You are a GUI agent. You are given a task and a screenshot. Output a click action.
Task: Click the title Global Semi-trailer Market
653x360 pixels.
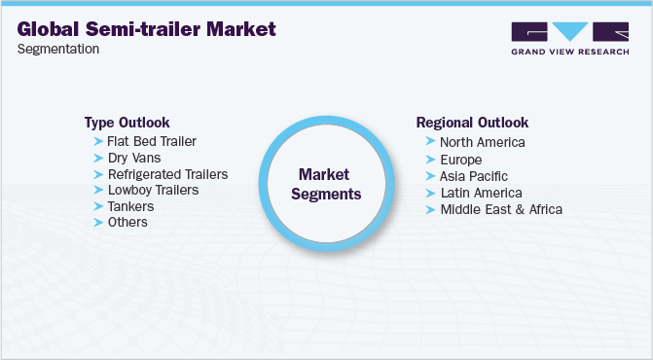coord(146,29)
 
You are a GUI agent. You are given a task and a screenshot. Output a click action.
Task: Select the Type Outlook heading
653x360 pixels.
coord(127,123)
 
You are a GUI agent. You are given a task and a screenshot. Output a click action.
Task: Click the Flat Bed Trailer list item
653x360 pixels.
coord(151,142)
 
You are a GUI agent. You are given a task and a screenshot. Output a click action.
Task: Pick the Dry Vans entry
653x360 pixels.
coord(133,158)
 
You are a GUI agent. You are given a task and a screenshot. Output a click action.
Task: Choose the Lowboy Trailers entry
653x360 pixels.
coord(153,190)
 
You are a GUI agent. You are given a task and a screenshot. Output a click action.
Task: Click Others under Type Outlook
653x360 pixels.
coord(127,222)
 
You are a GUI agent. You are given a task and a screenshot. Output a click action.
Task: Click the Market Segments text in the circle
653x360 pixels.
coord(330,184)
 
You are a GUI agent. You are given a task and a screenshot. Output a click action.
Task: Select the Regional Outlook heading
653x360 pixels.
coord(472,123)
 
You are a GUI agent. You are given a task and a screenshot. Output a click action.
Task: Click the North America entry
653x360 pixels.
coord(483,142)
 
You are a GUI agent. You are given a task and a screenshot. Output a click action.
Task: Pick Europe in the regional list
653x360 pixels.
coord(460,160)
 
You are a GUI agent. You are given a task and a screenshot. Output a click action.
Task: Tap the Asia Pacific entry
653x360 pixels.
coord(475,176)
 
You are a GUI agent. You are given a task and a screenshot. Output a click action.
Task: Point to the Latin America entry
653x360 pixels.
coord(481,193)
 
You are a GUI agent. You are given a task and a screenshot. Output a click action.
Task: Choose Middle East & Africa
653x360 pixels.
coord(501,209)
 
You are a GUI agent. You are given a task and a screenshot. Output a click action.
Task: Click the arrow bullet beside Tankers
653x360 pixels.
coord(97,206)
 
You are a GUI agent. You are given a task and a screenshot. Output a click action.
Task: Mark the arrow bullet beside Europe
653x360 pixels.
coord(430,160)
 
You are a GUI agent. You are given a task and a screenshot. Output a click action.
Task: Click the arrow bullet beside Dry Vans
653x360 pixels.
coord(97,158)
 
